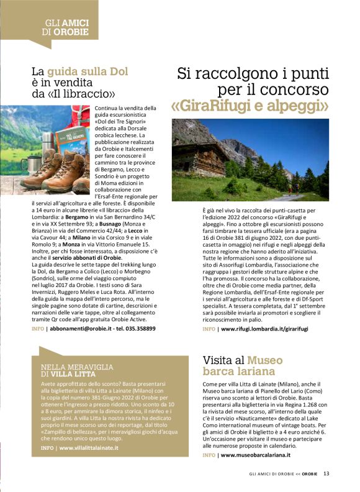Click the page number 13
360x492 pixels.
pos(326,474)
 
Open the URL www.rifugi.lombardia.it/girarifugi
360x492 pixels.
pos(264,327)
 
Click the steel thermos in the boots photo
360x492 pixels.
pos(48,148)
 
